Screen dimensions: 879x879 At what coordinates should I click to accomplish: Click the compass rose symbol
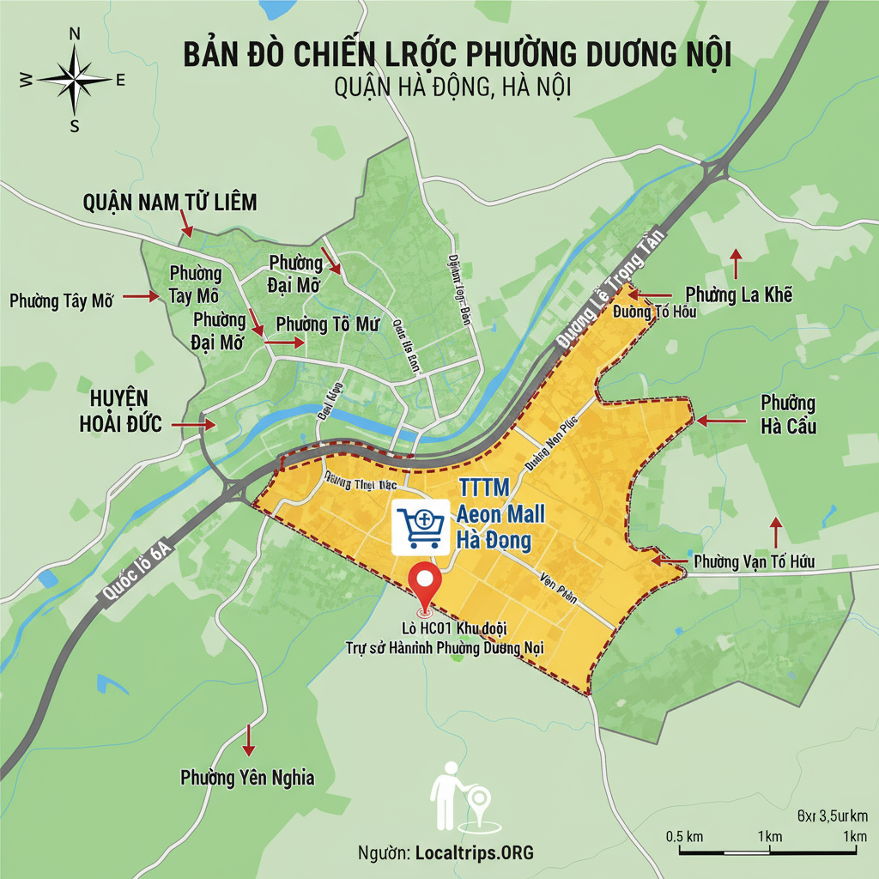tap(75, 79)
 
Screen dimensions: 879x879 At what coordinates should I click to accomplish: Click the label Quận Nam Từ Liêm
tap(170, 202)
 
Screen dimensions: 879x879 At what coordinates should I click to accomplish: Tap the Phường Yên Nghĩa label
tap(247, 778)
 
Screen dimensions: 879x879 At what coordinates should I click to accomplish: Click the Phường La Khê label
tap(739, 296)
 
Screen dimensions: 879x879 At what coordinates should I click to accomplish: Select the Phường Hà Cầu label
tap(788, 415)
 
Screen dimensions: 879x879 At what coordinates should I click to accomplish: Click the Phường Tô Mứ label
tap(328, 324)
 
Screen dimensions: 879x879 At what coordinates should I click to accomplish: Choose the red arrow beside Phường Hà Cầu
tap(719, 421)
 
